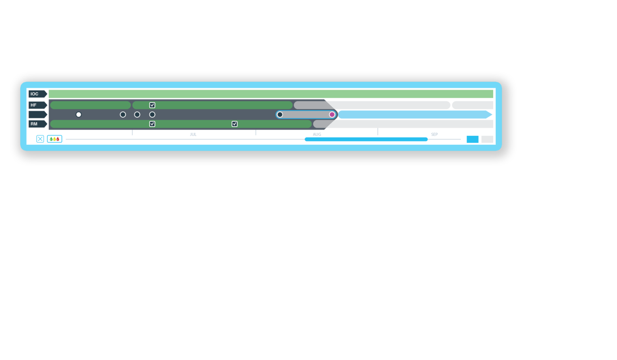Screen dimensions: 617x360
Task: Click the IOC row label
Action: pyautogui.click(x=38, y=94)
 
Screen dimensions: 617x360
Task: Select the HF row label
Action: pyautogui.click(x=38, y=105)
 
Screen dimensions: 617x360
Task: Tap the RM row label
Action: pyautogui.click(x=38, y=124)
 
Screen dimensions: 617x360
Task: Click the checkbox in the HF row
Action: pyautogui.click(x=152, y=105)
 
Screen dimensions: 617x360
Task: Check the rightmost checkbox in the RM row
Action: pyautogui.click(x=235, y=124)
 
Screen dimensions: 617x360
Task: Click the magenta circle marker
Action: pyautogui.click(x=332, y=115)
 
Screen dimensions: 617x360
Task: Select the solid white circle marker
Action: pyautogui.click(x=78, y=115)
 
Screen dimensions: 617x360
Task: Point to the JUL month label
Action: pyautogui.click(x=193, y=135)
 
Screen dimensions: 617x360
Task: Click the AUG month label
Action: pyautogui.click(x=317, y=135)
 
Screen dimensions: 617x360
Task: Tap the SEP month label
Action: pyautogui.click(x=434, y=135)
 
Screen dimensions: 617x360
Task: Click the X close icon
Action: pyautogui.click(x=40, y=139)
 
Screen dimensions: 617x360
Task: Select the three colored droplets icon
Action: pyautogui.click(x=55, y=139)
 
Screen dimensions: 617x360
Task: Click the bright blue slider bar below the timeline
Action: pyautogui.click(x=366, y=139)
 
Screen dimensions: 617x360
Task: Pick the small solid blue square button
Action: pyautogui.click(x=472, y=139)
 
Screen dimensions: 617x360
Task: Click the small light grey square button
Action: pyautogui.click(x=487, y=139)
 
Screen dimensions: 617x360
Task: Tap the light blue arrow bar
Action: pyautogui.click(x=415, y=115)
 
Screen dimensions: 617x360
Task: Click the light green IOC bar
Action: pyautogui.click(x=271, y=94)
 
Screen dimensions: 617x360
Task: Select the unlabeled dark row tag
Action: pyautogui.click(x=38, y=115)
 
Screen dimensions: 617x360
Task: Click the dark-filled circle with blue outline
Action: pyautogui.click(x=280, y=115)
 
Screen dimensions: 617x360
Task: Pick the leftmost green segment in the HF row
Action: pyautogui.click(x=90, y=105)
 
